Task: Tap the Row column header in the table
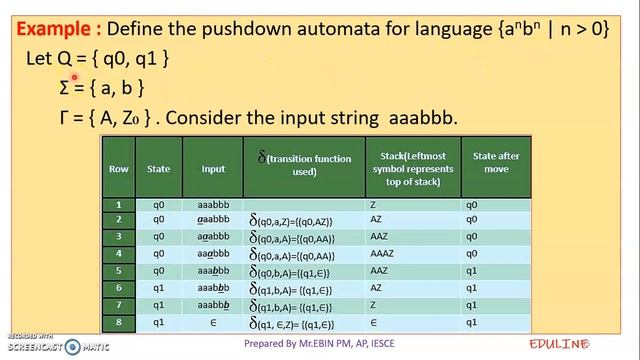[119, 169]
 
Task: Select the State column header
[159, 169]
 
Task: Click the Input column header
[212, 169]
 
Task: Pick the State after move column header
[495, 164]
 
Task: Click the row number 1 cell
[119, 204]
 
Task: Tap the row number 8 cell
[119, 323]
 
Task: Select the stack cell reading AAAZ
[406, 254]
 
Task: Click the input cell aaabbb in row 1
[212, 204]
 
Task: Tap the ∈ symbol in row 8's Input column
[212, 323]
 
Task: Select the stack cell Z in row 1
[400, 204]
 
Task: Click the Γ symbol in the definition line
[66, 118]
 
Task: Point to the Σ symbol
[66, 89]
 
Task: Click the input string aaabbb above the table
[420, 118]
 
